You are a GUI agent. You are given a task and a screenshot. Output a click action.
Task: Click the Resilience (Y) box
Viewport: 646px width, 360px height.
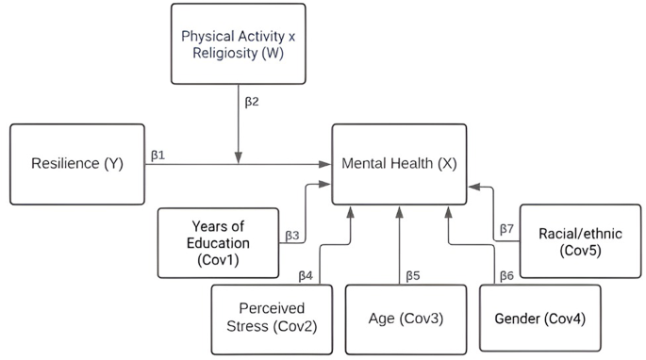[x=76, y=164]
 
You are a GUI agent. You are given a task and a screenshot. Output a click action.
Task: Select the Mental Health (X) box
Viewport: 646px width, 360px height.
[x=399, y=163]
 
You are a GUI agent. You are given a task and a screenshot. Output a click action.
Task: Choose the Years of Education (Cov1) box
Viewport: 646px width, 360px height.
[x=219, y=243]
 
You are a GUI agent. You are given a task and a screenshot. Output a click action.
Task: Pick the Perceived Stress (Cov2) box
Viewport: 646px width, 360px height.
[x=270, y=318]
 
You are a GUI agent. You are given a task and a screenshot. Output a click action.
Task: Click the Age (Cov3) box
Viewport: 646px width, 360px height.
[x=406, y=318]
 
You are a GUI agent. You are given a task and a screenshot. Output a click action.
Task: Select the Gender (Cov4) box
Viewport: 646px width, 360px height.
[x=539, y=319]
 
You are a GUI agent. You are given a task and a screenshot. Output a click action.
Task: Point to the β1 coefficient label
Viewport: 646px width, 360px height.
[x=157, y=154]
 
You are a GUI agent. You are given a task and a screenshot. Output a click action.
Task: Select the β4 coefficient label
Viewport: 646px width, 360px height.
[x=306, y=276]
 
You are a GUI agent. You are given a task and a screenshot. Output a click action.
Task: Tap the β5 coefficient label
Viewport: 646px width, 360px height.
[x=412, y=276]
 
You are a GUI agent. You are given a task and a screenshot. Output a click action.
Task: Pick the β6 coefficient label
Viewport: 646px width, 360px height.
[x=505, y=276]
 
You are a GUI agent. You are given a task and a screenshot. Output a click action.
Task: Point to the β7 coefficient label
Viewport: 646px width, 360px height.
[x=505, y=229]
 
